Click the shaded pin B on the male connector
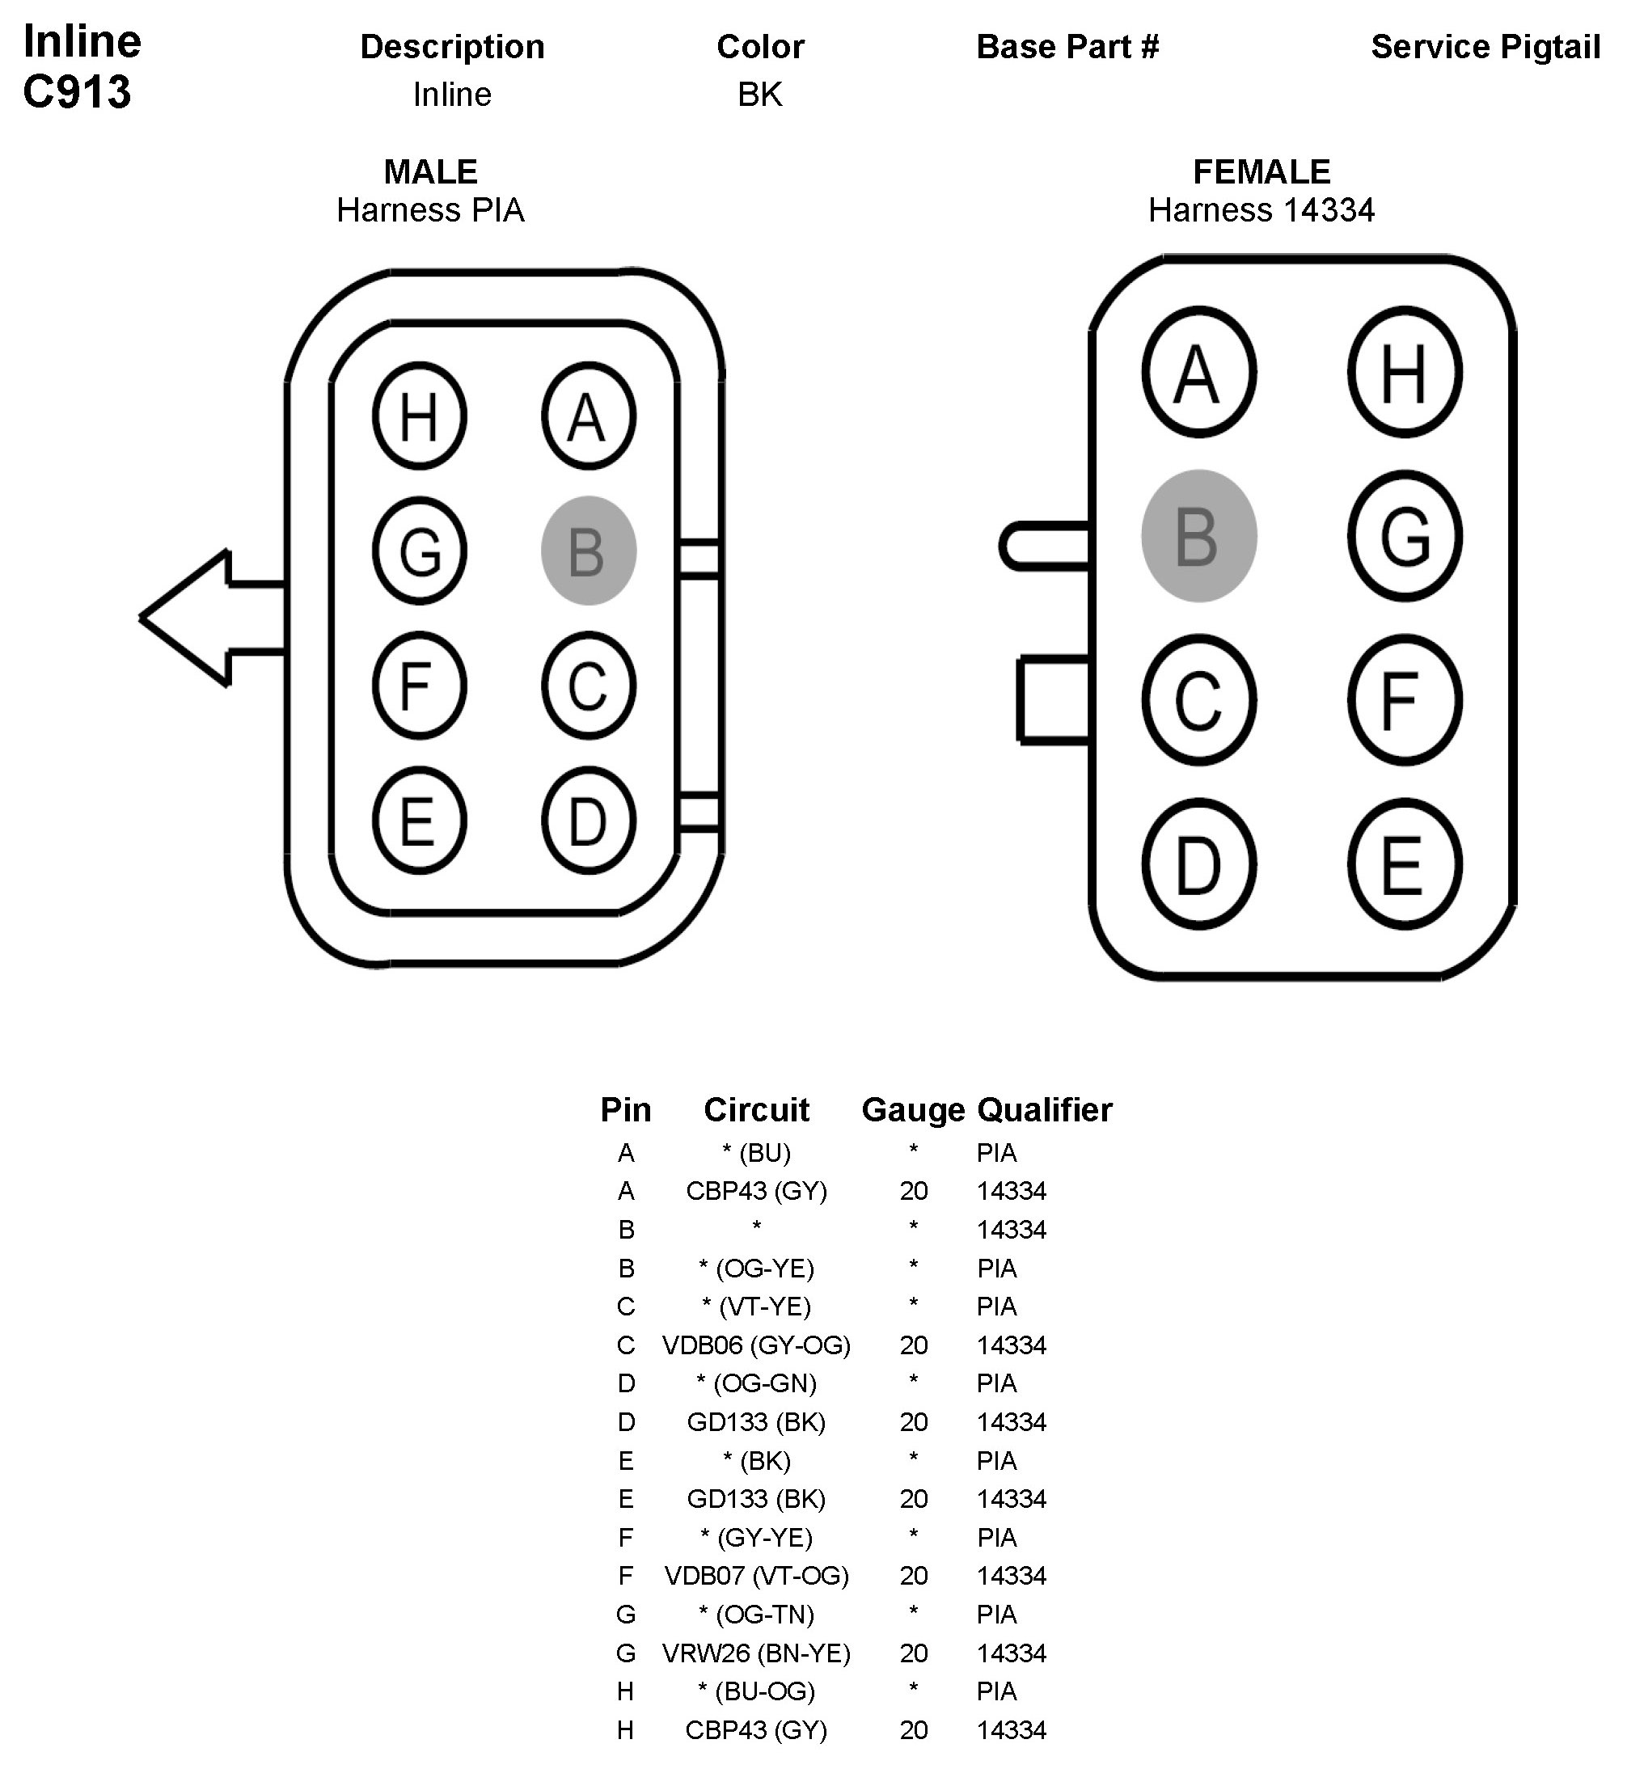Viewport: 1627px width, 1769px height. [588, 551]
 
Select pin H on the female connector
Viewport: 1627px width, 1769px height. [1405, 372]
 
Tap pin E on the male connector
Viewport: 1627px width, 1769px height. [419, 821]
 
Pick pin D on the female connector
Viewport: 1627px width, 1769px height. [1198, 864]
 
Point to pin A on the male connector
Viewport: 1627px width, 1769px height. [588, 416]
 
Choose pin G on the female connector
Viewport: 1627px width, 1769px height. [1405, 536]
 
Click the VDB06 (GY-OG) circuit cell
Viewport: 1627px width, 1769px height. [756, 1345]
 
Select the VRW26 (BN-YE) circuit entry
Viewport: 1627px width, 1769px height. [756, 1653]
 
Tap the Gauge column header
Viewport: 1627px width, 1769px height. [913, 1110]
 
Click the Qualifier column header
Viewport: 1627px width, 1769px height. [1044, 1110]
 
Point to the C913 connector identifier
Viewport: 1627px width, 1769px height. [78, 91]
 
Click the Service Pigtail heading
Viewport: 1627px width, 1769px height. [1485, 47]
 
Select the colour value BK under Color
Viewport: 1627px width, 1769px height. [760, 94]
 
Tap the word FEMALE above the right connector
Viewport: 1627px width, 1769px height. [1261, 171]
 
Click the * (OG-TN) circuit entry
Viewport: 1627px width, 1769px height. [756, 1614]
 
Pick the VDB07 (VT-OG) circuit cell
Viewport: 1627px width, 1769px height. [756, 1576]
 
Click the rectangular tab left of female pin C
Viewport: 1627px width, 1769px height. [1054, 699]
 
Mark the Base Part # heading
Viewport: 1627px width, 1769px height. [1067, 47]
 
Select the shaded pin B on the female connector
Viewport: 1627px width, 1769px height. [1198, 536]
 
